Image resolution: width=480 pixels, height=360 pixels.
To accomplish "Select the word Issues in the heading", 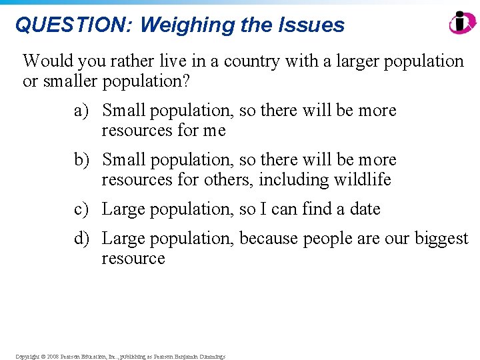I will tap(313, 25).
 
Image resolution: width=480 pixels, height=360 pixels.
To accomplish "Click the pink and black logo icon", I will tap(462, 23).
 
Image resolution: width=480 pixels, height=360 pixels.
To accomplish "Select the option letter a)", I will tap(81, 111).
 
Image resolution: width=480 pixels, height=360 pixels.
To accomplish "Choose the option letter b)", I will tap(81, 160).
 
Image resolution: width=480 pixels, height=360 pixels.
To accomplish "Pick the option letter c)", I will tap(81, 209).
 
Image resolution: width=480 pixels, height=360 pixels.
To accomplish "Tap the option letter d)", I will tap(81, 239).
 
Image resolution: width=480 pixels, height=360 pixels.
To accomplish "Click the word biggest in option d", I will tap(441, 239).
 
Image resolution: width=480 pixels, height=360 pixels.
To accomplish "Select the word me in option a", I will tap(215, 131).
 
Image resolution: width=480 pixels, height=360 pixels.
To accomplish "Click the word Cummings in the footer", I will tap(210, 357).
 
